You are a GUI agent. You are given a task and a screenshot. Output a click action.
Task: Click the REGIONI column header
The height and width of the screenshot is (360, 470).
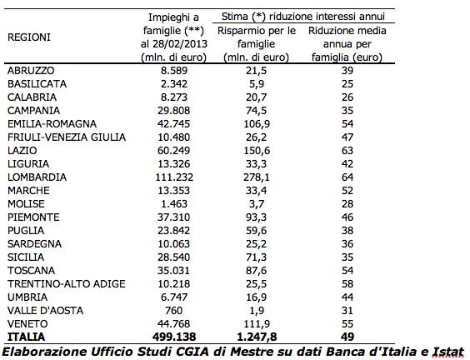pos(29,37)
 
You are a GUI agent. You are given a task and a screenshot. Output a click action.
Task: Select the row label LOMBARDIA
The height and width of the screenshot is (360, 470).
pos(37,177)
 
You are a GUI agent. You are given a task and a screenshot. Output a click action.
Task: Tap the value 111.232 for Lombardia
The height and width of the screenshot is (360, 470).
pos(174,177)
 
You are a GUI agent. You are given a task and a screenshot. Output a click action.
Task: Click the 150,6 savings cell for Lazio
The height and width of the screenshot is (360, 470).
pos(257,151)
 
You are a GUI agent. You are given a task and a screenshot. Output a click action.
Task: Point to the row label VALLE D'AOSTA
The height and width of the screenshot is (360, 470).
pos(45,311)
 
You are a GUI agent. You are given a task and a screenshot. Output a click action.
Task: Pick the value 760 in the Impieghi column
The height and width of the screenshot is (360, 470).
pos(174,311)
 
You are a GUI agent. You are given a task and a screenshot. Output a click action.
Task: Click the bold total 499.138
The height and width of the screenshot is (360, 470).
pos(174,337)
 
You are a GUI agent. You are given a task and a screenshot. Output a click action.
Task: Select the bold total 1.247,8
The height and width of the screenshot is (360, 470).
pos(257,337)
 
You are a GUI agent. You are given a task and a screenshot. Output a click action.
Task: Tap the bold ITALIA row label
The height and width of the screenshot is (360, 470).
pos(27,337)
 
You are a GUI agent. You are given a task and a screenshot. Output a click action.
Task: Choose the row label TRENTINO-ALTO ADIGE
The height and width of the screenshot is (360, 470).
pos(66,284)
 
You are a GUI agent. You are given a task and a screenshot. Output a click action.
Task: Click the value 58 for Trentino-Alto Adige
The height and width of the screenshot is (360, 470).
pos(347,284)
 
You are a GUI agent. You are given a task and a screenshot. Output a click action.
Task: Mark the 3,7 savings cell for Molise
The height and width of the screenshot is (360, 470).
pos(257,204)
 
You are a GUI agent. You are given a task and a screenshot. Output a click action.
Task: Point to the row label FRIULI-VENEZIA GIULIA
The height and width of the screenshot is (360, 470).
pos(67,137)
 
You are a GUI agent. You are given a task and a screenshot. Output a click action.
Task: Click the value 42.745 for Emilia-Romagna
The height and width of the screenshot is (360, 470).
pos(174,124)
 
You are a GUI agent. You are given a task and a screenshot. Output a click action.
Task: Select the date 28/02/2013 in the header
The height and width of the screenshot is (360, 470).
pos(180,44)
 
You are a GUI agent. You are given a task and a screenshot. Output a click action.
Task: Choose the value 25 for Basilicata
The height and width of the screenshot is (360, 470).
pos(347,84)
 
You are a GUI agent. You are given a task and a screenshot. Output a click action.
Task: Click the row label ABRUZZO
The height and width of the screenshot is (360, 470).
pos(31,71)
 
